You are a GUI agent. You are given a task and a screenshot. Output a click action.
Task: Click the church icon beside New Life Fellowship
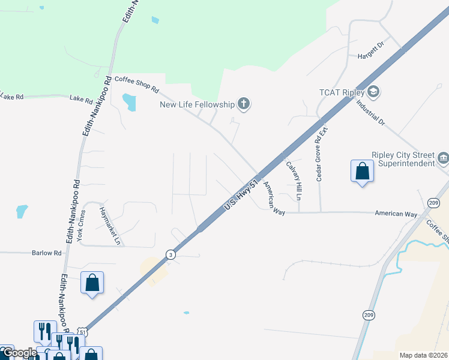(x=244, y=105)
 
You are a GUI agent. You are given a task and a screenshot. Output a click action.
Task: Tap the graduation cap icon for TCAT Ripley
(x=373, y=93)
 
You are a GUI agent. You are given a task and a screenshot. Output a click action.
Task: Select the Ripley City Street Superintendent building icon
(x=444, y=158)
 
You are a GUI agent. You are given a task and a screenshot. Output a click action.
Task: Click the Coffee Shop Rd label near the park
(x=137, y=85)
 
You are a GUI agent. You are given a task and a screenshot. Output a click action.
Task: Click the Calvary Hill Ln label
(x=294, y=179)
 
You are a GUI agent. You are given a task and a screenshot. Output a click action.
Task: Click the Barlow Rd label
(x=47, y=253)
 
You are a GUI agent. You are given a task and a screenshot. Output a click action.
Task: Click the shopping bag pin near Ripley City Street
(x=362, y=172)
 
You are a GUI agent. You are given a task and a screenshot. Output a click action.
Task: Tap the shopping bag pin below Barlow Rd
(x=92, y=283)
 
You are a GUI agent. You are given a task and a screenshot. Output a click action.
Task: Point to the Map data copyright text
(x=423, y=355)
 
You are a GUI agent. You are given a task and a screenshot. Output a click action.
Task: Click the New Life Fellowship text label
(x=196, y=105)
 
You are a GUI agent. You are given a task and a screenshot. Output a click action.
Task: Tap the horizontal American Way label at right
(x=396, y=214)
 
